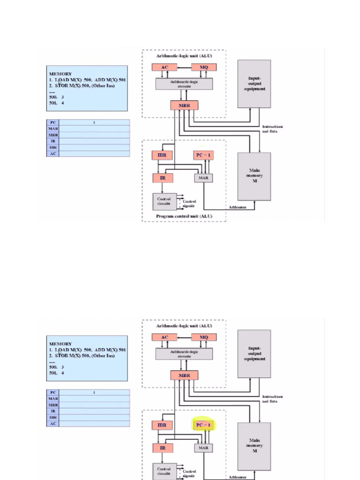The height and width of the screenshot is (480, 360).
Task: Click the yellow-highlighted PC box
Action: coord(203,425)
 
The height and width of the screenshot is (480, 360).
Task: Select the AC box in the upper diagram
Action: coord(165,67)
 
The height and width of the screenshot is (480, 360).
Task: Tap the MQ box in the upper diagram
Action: coord(204,67)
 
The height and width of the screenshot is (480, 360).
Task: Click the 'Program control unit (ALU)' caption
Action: coord(184,216)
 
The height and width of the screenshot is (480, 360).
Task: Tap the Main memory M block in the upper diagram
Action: coord(254,176)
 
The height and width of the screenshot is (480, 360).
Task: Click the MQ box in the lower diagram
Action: coord(204,337)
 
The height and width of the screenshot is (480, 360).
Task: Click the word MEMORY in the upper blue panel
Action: coord(60,74)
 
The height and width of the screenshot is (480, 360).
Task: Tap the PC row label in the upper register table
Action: coord(53,123)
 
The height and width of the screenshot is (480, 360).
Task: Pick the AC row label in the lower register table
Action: coord(53,423)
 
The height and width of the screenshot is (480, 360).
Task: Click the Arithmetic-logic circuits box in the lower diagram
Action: coord(184,353)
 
